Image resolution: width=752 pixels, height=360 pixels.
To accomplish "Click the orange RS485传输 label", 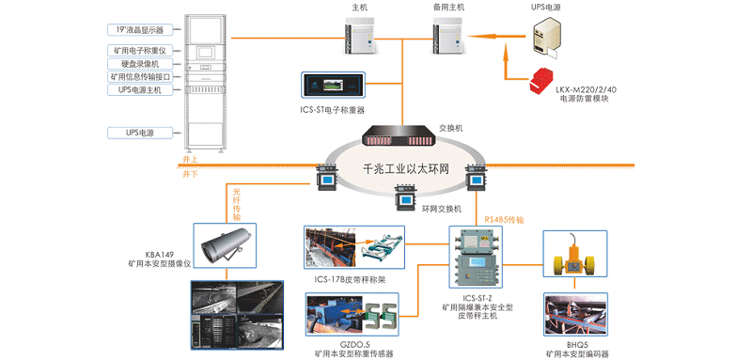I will click(x=504, y=220).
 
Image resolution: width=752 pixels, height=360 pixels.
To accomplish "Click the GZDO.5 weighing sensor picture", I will click(x=353, y=318).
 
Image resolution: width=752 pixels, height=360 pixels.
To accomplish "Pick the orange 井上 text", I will click(x=190, y=161).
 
